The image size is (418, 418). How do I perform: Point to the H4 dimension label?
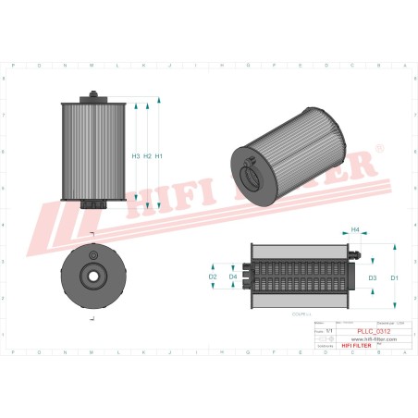tap(355, 229)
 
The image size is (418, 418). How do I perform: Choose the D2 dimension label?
tap(212, 277)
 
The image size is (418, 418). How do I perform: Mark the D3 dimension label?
tap(373, 277)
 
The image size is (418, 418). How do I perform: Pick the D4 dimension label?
tap(233, 277)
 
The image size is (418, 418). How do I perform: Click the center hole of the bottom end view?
tap(92, 275)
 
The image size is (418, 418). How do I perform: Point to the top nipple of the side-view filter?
tap(92, 94)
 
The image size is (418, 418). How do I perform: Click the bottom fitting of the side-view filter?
tap(92, 204)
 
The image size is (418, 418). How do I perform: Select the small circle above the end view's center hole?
tap(92, 252)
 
